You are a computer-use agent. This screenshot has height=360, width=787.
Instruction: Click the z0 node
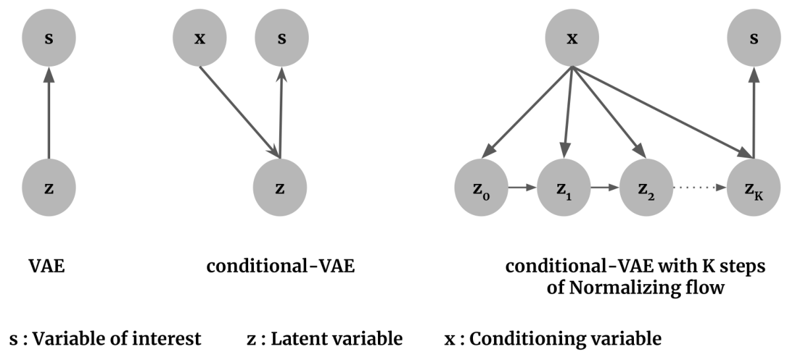coord(482,188)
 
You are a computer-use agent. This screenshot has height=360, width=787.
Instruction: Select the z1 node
coord(563,188)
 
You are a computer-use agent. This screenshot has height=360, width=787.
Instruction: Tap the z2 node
coord(646,188)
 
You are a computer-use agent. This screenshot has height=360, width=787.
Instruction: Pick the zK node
coord(753,188)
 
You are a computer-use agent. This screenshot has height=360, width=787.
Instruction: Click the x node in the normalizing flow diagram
coord(572,38)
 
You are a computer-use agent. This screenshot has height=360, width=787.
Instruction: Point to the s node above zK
coord(754,38)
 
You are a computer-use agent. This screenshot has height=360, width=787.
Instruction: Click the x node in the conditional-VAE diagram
coord(200,38)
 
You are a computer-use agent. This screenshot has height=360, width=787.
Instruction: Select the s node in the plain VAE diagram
coord(49,38)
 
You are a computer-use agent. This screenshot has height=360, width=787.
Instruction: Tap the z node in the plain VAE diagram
coord(49,188)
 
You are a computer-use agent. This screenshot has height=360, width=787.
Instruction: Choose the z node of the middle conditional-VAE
coord(280,188)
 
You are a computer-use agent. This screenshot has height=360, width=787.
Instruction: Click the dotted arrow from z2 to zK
coord(700,188)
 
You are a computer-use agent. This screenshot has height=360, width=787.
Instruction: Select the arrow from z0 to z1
coord(522,188)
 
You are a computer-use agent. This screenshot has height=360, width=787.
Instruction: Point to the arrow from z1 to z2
coord(605,188)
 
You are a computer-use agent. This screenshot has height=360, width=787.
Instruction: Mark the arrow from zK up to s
coord(753,113)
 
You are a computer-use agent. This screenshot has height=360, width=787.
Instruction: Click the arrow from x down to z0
coord(529,110)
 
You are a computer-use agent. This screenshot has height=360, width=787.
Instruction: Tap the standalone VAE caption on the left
coord(47,266)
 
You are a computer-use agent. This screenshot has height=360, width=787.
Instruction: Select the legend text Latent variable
coord(337,339)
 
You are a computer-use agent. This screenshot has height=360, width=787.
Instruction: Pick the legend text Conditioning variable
coord(565,339)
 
